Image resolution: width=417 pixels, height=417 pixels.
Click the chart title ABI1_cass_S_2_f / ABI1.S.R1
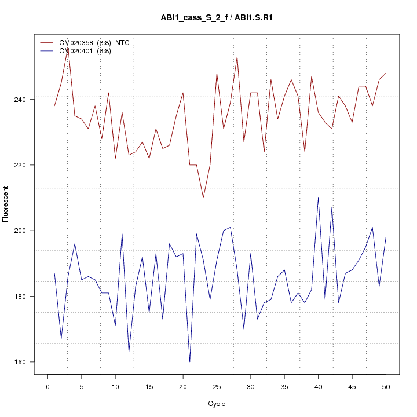[217, 17]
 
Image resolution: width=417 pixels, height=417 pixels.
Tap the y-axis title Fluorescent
[6, 204]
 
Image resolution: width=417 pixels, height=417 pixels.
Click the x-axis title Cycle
[217, 404]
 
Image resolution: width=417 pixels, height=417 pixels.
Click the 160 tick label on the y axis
[20, 362]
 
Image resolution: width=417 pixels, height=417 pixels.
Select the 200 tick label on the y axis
[20, 231]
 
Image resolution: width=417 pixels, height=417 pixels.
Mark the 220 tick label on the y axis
[20, 165]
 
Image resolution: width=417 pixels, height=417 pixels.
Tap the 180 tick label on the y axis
[20, 297]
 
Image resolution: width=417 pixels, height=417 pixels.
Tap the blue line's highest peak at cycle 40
[318, 198]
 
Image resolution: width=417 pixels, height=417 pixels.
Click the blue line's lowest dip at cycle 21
[189, 361]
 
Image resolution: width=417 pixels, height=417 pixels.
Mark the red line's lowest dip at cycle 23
[203, 197]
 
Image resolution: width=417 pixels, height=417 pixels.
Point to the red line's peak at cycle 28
[237, 57]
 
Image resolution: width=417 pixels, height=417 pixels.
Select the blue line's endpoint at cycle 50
[386, 237]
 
